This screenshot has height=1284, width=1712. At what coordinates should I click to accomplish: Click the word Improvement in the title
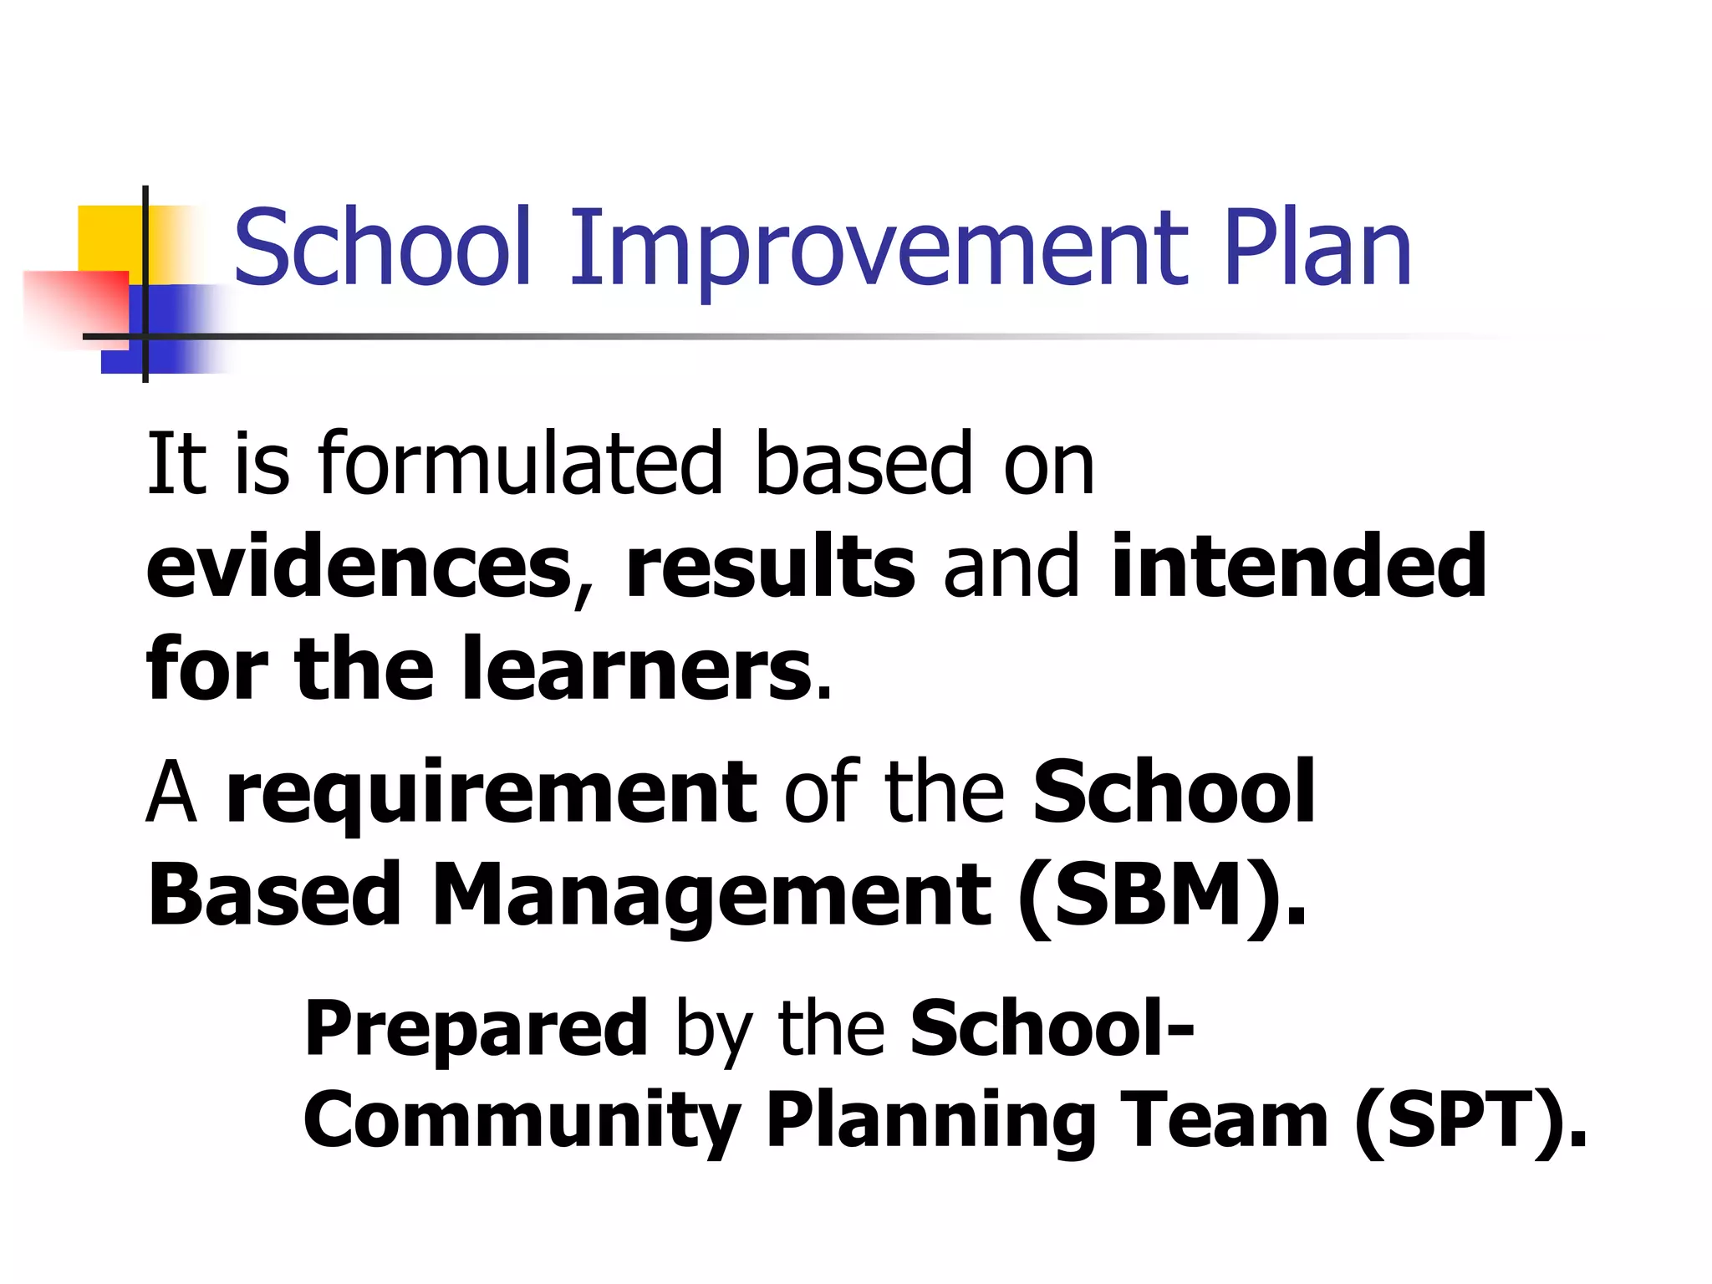pyautogui.click(x=878, y=249)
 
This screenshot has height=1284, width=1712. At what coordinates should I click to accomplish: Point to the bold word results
pyautogui.click(x=770, y=568)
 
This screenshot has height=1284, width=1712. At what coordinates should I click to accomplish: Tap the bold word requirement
pyautogui.click(x=492, y=793)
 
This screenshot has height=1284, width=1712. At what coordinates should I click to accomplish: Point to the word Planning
pyautogui.click(x=930, y=1121)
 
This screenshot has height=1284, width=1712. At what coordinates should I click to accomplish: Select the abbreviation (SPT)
pyautogui.click(x=1470, y=1121)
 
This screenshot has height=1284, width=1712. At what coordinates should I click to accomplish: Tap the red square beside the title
pyautogui.click(x=75, y=305)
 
